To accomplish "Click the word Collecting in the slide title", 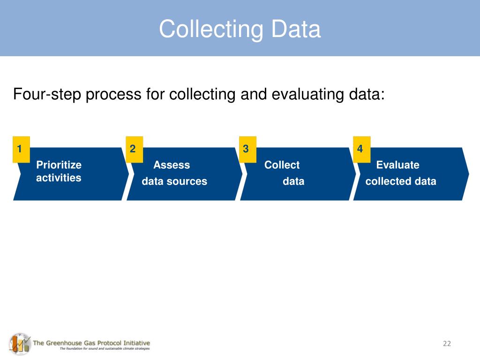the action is [x=211, y=30].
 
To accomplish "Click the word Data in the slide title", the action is [x=295, y=29].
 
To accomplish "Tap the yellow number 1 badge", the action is [x=21, y=150].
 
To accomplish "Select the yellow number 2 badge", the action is [x=134, y=150].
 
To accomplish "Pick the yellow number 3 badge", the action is [x=247, y=150].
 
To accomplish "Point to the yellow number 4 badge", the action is [x=361, y=150].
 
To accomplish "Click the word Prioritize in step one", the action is [x=59, y=165].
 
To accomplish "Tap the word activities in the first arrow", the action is [x=58, y=178].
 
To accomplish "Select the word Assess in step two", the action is [x=172, y=165].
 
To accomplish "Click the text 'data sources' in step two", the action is [x=174, y=181].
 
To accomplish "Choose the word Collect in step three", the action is [x=282, y=165].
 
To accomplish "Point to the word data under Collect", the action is [x=293, y=181].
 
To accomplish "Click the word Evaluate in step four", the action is [x=397, y=165].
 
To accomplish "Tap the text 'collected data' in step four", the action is [x=400, y=181].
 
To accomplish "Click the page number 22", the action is [x=446, y=344].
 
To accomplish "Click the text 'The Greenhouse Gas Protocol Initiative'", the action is [x=91, y=343].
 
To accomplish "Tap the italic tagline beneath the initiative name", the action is [x=104, y=349].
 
